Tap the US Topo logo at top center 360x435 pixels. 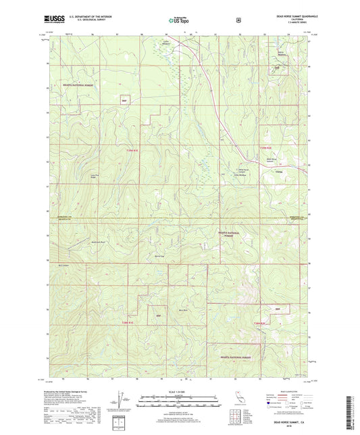point(179,21)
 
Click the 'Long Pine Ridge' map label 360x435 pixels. point(86,178)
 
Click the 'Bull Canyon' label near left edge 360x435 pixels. point(64,266)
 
